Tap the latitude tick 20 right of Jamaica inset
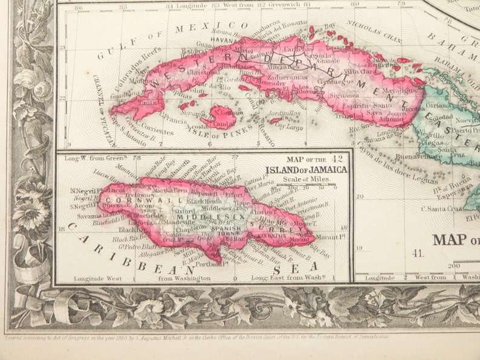[359, 196]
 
